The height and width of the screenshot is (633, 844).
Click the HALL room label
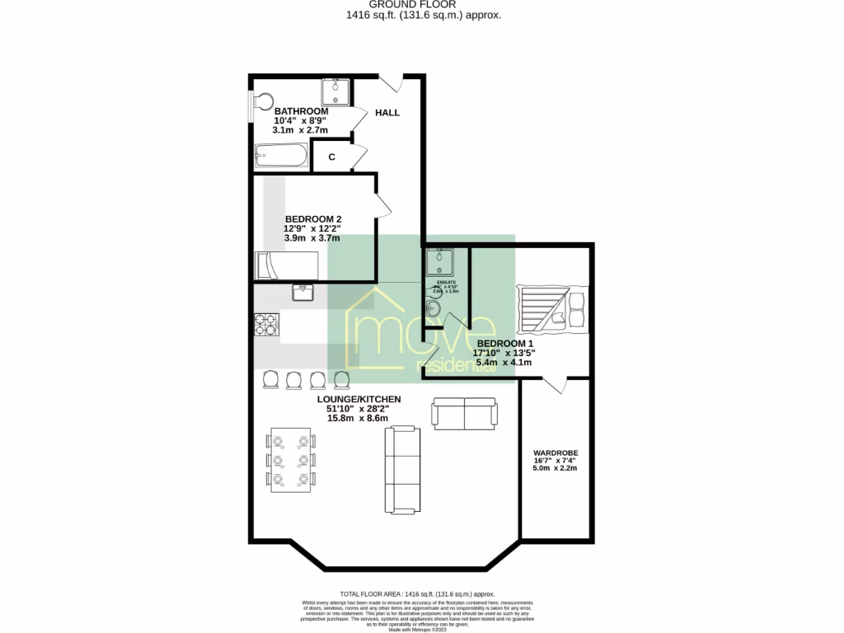coord(387,112)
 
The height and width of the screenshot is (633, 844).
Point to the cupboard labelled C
coord(331,157)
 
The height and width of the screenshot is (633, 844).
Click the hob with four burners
coord(266,324)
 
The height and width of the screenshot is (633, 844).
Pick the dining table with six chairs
coord(291,461)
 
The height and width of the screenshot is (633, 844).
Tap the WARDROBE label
coord(555,453)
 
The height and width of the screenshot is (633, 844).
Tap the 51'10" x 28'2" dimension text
coord(351,408)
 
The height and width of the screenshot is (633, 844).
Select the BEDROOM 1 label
coord(505,343)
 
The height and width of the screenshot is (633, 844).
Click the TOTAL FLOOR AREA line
coord(417,593)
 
